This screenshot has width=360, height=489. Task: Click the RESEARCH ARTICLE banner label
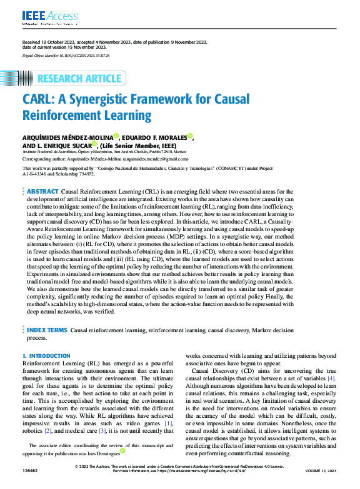(79, 79)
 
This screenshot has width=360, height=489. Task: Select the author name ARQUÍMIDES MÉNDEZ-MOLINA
(67, 138)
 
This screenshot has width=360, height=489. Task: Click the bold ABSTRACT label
(42, 190)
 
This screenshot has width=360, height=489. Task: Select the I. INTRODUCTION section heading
(47, 355)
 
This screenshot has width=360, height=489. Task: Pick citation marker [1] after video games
(168, 423)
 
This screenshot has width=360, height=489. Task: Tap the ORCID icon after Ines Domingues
(122, 451)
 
